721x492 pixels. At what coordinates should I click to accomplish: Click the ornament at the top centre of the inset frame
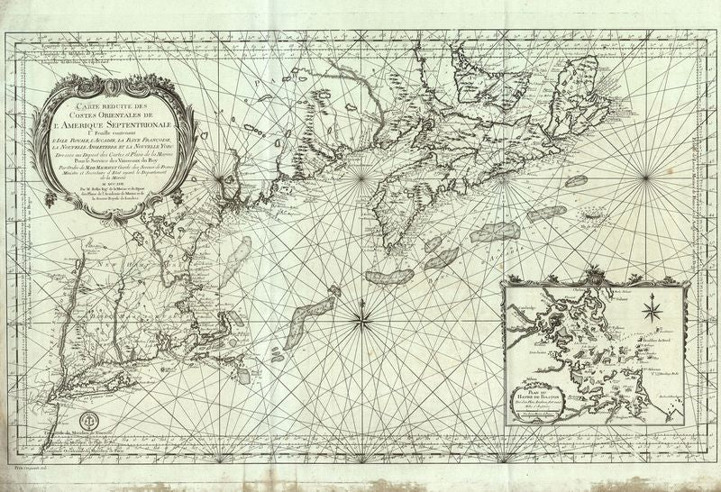coord(590,274)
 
